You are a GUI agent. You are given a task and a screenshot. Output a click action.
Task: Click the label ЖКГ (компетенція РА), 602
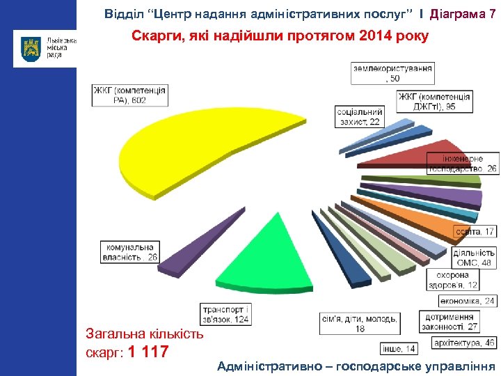pos(130,95)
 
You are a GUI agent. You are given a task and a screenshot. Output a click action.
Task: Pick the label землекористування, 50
pos(393,73)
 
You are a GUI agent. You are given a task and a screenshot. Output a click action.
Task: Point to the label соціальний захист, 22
pos(360,117)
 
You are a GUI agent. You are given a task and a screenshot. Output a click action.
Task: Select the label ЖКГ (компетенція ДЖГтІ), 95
pos(436,102)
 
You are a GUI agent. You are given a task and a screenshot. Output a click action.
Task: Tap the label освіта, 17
pos(476,231)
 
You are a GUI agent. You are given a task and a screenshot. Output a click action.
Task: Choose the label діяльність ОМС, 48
pos(475,258)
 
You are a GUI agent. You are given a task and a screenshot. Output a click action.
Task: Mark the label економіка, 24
pos(468,301)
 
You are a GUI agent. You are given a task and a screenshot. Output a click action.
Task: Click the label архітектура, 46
pos(463,343)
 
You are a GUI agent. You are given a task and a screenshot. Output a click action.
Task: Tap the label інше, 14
pos(399,348)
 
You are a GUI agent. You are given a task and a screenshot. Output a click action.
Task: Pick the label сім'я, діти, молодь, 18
pos(360,323)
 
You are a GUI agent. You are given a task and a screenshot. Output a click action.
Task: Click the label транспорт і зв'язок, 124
pos(225,315)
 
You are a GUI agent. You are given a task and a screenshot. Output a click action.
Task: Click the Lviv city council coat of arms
pos(31,49)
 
